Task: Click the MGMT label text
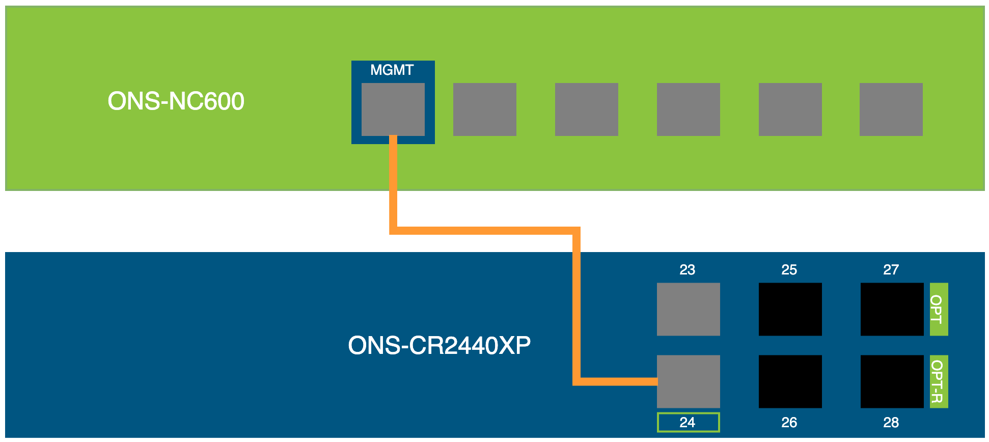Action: coord(392,70)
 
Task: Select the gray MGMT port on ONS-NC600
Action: coord(393,109)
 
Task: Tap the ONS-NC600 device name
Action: coord(176,101)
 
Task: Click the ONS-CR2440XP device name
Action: coord(439,345)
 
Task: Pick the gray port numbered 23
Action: coord(688,309)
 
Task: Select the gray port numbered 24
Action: coord(688,381)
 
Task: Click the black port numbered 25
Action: coord(790,309)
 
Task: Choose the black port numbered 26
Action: coord(790,381)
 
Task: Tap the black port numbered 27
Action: coord(892,309)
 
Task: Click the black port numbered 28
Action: coord(892,381)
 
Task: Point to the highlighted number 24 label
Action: coord(688,422)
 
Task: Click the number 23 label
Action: coord(687,270)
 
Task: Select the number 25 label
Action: coord(789,270)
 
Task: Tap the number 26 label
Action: coord(789,422)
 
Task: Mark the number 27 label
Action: coord(891,270)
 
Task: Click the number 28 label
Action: coord(891,422)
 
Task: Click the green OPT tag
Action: coord(938,309)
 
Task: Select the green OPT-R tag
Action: coord(938,381)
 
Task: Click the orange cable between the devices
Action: coord(484,231)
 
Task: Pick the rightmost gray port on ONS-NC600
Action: coord(891,109)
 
